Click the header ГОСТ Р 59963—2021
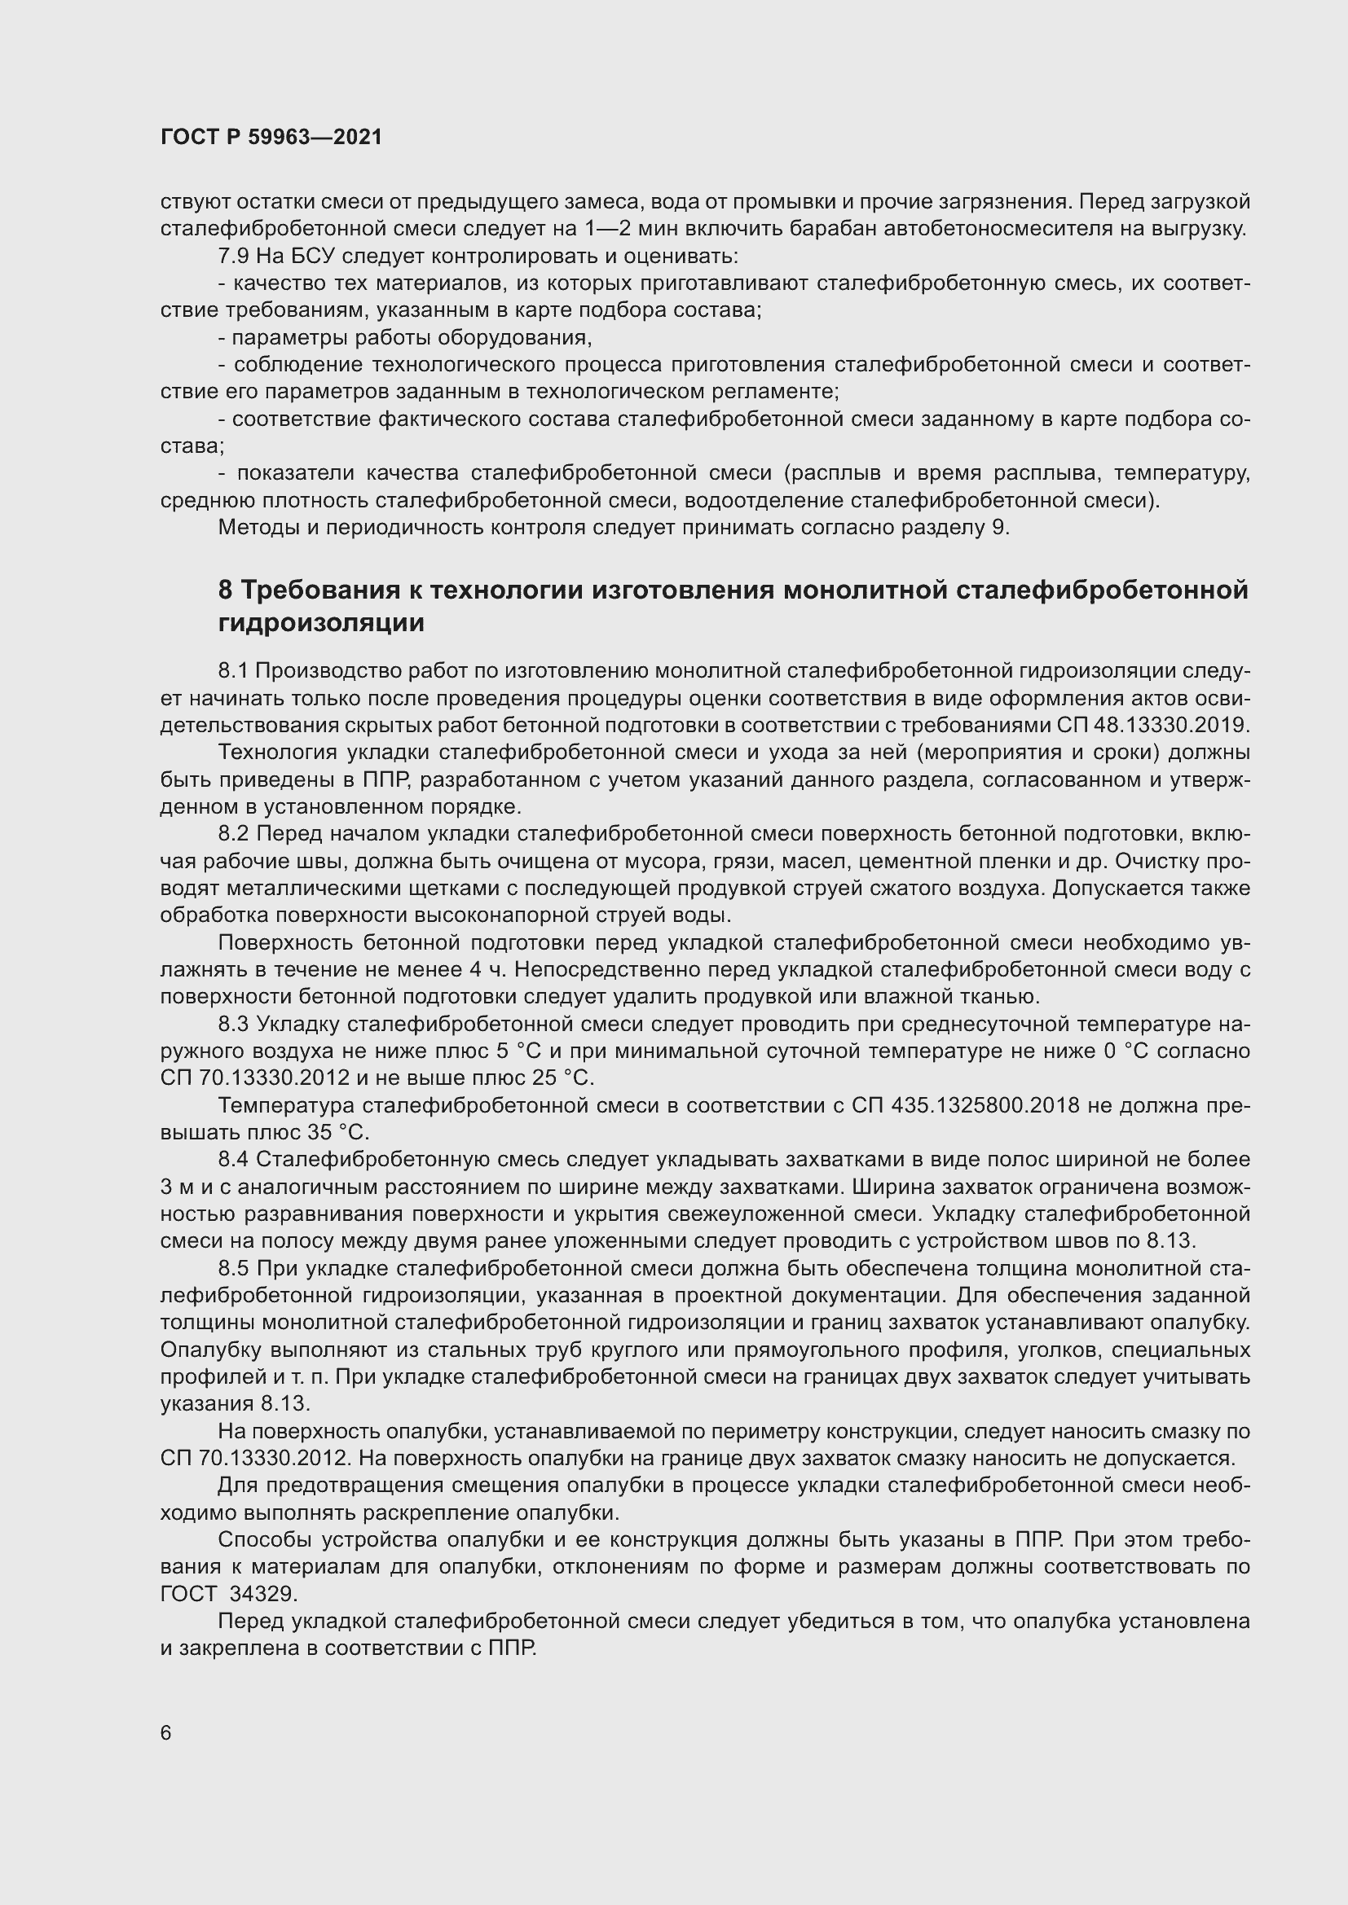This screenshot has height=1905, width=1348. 271,138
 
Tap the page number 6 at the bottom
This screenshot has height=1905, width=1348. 166,1734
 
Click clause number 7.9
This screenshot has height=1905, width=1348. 234,257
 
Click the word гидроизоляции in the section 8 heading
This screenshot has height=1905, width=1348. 321,623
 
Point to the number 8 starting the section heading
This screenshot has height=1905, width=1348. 225,590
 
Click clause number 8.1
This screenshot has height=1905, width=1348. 233,670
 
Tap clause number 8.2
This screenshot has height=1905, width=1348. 233,834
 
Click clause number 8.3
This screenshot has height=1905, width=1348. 233,1025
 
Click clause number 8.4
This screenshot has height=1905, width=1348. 233,1160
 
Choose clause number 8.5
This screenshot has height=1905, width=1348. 233,1269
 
